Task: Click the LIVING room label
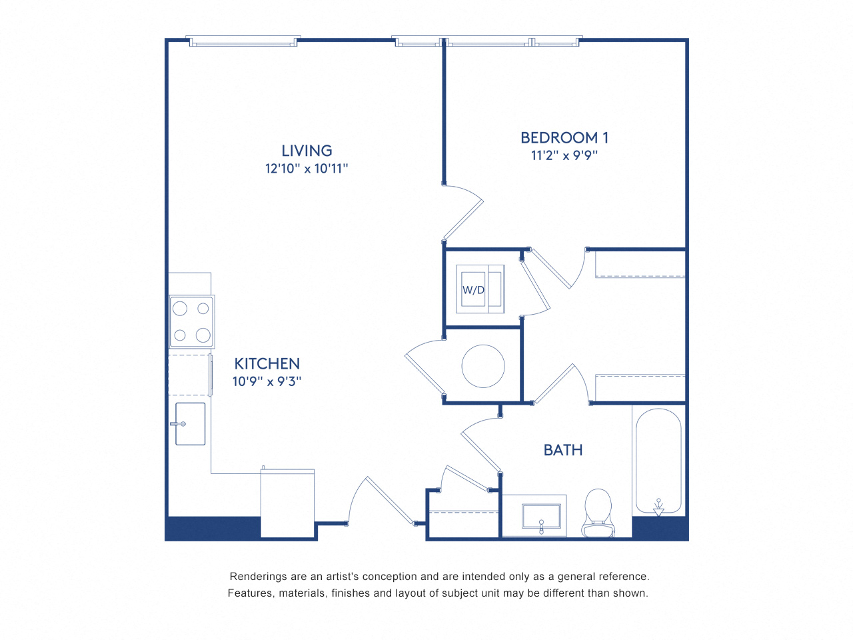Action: [x=307, y=151]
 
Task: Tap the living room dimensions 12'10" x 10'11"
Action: [x=307, y=169]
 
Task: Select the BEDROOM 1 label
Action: [x=564, y=138]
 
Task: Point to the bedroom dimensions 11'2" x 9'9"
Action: [x=564, y=155]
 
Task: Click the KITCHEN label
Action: [x=267, y=364]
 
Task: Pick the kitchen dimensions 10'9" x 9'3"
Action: [x=267, y=381]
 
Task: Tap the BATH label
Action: [x=563, y=451]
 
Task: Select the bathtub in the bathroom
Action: [x=658, y=460]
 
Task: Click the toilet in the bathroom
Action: [x=598, y=512]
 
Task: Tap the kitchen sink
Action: [x=190, y=424]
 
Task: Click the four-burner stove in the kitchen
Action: [x=191, y=322]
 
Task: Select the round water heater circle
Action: [x=483, y=366]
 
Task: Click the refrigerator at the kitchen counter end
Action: [x=287, y=503]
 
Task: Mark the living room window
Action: [x=243, y=41]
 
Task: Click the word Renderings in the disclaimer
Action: [x=257, y=577]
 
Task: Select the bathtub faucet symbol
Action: [x=658, y=507]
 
